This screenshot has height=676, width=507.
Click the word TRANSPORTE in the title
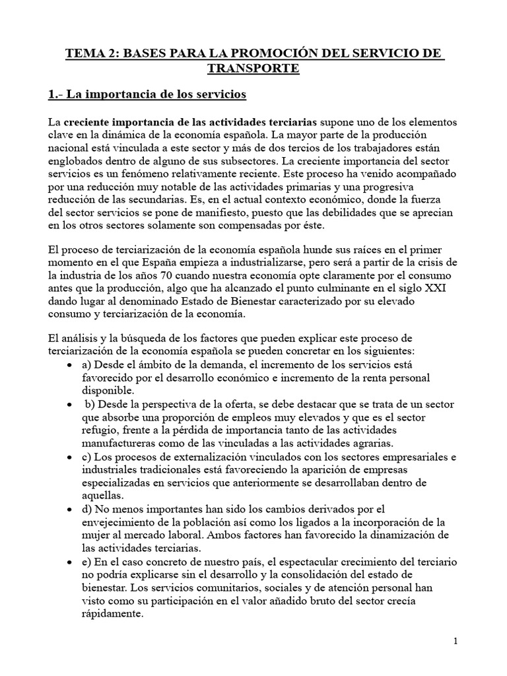253,68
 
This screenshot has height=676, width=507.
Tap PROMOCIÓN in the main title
244,52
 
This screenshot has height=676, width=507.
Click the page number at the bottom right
456,641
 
